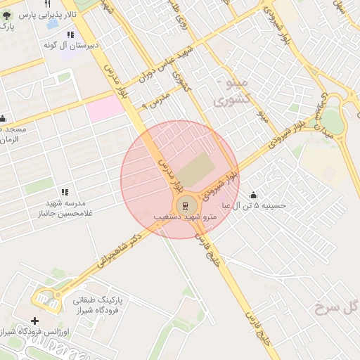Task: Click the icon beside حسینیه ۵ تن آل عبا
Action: pos(253,195)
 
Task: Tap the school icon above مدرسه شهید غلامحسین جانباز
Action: pos(65,192)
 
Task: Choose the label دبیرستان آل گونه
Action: pos(70,45)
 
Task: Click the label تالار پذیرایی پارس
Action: pos(43,14)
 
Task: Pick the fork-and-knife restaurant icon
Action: pos(46,4)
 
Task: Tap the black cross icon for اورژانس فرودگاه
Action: pos(35,321)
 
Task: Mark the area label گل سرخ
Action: pos(337,307)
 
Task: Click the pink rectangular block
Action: pos(105,108)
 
